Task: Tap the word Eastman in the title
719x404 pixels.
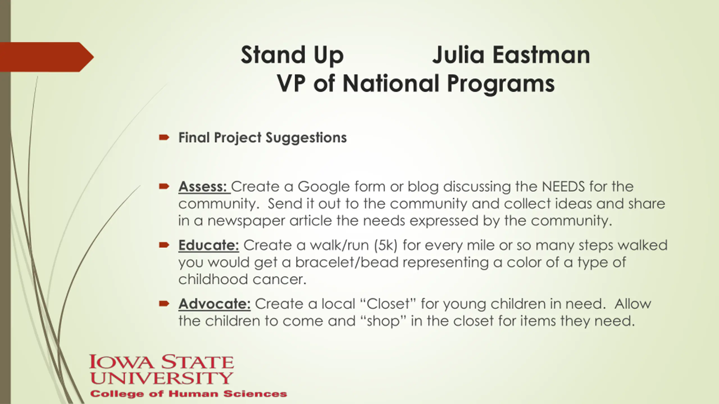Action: pyautogui.click(x=541, y=55)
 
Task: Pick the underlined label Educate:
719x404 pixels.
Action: pyautogui.click(x=209, y=245)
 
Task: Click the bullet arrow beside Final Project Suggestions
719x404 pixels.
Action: pyautogui.click(x=164, y=137)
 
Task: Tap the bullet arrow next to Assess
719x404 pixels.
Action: pyautogui.click(x=164, y=186)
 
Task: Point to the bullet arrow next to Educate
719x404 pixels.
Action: pyautogui.click(x=164, y=245)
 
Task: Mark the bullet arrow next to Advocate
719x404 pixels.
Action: pyautogui.click(x=164, y=303)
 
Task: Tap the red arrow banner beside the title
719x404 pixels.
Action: pyautogui.click(x=47, y=57)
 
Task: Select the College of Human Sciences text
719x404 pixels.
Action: pyautogui.click(x=188, y=394)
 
